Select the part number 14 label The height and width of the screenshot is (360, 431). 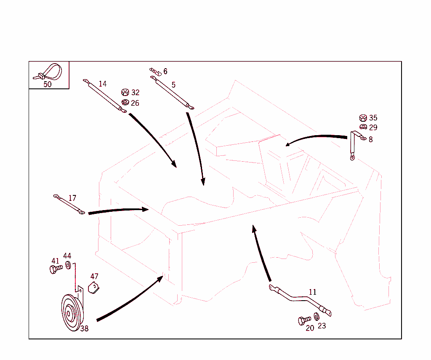pos(103,84)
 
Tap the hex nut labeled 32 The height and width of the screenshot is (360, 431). pos(125,92)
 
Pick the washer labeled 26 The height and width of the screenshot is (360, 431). pos(125,103)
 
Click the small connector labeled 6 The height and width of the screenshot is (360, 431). pos(155,72)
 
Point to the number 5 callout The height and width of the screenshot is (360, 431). pos(173,85)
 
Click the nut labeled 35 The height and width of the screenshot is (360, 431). pos(363,118)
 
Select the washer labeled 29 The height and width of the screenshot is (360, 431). pos(363,127)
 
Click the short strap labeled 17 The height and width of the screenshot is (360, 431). pos(69,204)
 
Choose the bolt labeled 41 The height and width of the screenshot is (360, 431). pos(56,269)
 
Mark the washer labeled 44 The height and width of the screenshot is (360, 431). pos(68,266)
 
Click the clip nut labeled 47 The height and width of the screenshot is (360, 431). pos(93,288)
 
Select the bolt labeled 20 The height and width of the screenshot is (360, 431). pos(305,320)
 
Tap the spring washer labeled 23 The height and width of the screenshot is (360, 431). pos(317,317)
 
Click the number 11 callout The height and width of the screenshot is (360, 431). pos(313,292)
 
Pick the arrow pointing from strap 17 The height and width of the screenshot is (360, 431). pos(118,211)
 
